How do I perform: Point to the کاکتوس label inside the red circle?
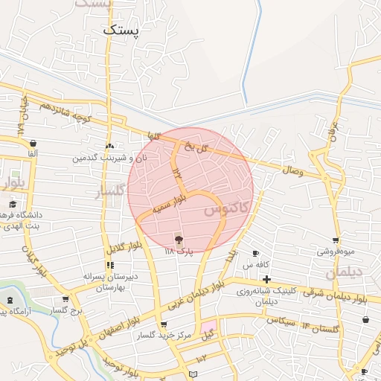coord(223,211)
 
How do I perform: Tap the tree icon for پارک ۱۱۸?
coord(179,239)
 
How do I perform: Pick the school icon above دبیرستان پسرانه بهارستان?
coord(110,264)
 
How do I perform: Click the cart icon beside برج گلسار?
coord(65,299)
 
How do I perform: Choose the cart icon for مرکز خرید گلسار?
coord(164,324)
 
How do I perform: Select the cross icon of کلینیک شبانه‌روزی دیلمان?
coord(266,278)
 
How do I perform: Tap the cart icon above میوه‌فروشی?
coord(336,240)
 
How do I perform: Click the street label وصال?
coord(292,171)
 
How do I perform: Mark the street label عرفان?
coord(334,133)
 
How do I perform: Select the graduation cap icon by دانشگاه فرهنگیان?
coord(12,204)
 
